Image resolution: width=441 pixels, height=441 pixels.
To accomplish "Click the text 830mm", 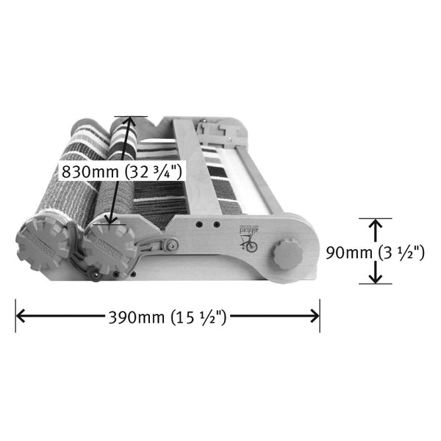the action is (90, 171).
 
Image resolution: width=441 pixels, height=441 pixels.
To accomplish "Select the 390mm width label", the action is (136, 318).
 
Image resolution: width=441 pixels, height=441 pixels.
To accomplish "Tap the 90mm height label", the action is (349, 253).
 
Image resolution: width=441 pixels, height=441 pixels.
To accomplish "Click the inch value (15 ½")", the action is (198, 318).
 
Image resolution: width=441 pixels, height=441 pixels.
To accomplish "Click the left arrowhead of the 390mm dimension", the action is (21, 315).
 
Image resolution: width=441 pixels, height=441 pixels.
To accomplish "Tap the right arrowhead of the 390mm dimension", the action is (314, 315).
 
